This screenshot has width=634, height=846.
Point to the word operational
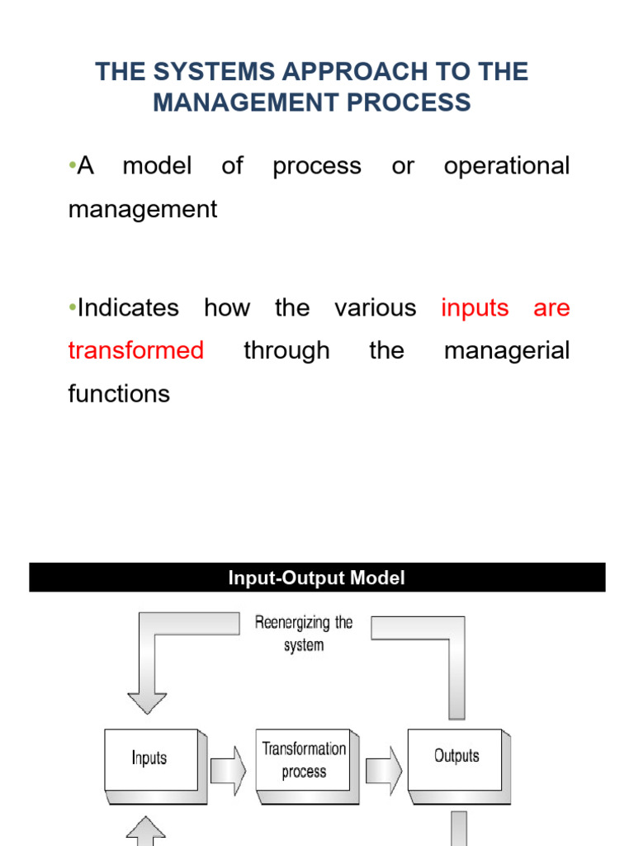507,166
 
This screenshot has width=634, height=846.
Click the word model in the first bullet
157,166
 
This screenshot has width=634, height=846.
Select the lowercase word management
142,210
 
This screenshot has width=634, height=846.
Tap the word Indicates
128,308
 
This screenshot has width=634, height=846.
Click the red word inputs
475,308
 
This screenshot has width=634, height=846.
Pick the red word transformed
136,351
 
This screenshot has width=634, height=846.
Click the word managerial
507,351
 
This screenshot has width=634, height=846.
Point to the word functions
119,394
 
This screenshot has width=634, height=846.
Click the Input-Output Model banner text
317,578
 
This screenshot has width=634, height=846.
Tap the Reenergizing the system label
304,634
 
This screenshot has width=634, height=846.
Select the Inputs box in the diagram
150,758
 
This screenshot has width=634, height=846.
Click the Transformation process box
304,760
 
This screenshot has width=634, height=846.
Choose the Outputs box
457,756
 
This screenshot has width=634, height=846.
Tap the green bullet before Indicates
73,308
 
